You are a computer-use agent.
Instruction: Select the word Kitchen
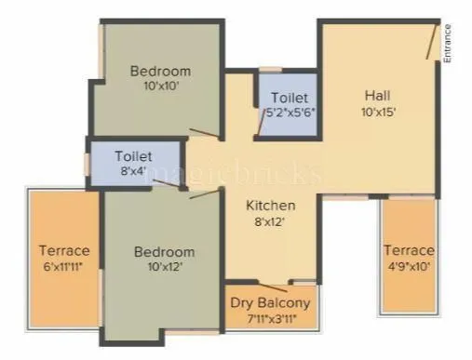pos(271,205)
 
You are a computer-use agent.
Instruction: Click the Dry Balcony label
pos(270,303)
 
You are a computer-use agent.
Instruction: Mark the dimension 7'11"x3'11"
pos(270,319)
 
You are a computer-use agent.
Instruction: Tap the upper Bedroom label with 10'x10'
pos(160,71)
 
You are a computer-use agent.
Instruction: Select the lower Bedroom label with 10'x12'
pos(164,251)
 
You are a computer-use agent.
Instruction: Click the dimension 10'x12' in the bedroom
pos(164,267)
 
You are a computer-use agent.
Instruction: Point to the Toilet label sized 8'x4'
pos(133,156)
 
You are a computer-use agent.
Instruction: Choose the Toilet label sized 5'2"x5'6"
pos(290,97)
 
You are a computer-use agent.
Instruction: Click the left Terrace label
pos(64,250)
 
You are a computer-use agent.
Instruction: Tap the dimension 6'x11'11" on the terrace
pos(64,266)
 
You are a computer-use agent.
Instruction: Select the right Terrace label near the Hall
pos(409,250)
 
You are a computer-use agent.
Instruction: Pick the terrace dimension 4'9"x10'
pos(409,266)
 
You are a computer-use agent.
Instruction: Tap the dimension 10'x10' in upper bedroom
pos(160,87)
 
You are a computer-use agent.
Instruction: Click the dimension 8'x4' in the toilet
pos(133,172)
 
